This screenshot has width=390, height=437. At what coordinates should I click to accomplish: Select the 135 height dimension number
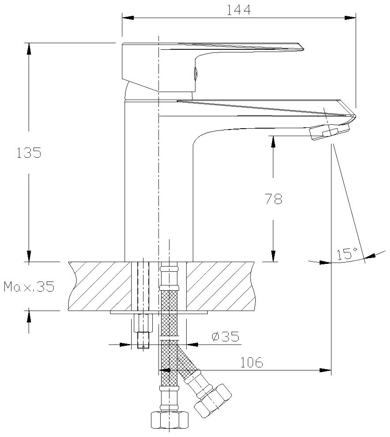(29, 153)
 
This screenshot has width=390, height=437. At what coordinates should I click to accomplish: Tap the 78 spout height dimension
(273, 199)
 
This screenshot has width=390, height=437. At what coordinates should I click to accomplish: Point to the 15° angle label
(347, 254)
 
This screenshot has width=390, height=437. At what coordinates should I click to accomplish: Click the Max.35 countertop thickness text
(29, 287)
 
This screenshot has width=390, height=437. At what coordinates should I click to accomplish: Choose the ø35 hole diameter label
(225, 337)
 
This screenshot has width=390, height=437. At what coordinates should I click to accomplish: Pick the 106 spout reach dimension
(251, 363)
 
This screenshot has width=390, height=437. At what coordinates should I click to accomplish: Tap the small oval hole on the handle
(195, 73)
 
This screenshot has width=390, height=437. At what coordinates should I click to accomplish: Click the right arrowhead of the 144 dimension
(350, 18)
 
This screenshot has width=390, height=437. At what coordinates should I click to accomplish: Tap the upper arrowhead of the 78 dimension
(273, 141)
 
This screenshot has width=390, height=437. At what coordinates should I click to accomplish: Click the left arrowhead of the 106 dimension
(164, 370)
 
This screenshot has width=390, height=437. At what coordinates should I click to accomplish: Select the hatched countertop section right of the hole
(220, 286)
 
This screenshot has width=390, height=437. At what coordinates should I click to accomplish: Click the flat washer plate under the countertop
(158, 313)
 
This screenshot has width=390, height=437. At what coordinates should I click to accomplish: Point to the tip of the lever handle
(301, 47)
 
